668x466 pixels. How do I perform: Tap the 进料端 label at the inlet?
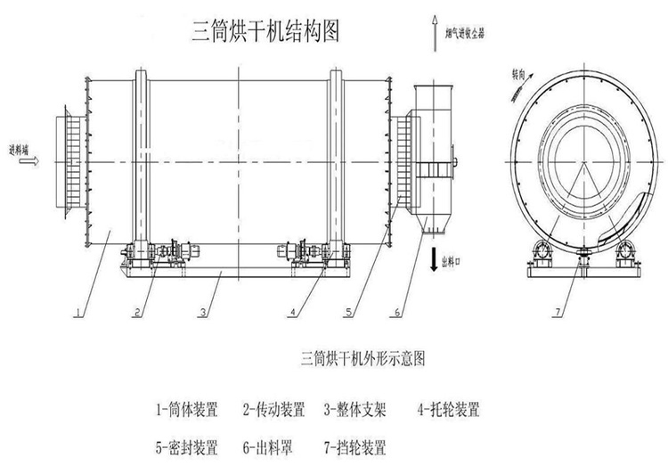[x=19, y=149]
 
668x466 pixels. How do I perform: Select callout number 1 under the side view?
[x=78, y=311]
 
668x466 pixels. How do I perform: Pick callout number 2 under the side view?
[x=137, y=311]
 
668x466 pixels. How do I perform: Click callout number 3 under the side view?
[x=204, y=311]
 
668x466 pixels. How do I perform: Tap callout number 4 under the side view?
[x=293, y=311]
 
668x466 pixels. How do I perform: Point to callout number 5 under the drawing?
[x=348, y=311]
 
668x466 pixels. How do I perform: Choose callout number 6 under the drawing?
[x=397, y=311]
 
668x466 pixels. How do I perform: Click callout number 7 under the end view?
[x=558, y=311]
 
